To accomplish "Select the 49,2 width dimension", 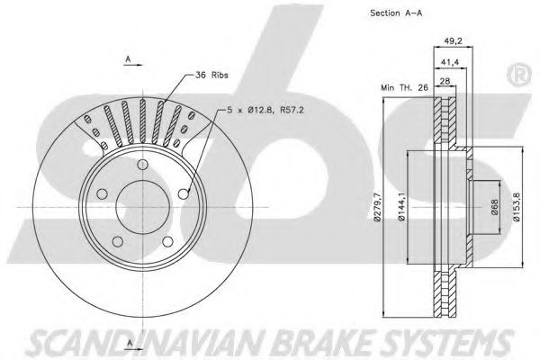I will pyautogui.click(x=453, y=40).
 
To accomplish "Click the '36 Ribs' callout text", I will pyautogui.click(x=211, y=76).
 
